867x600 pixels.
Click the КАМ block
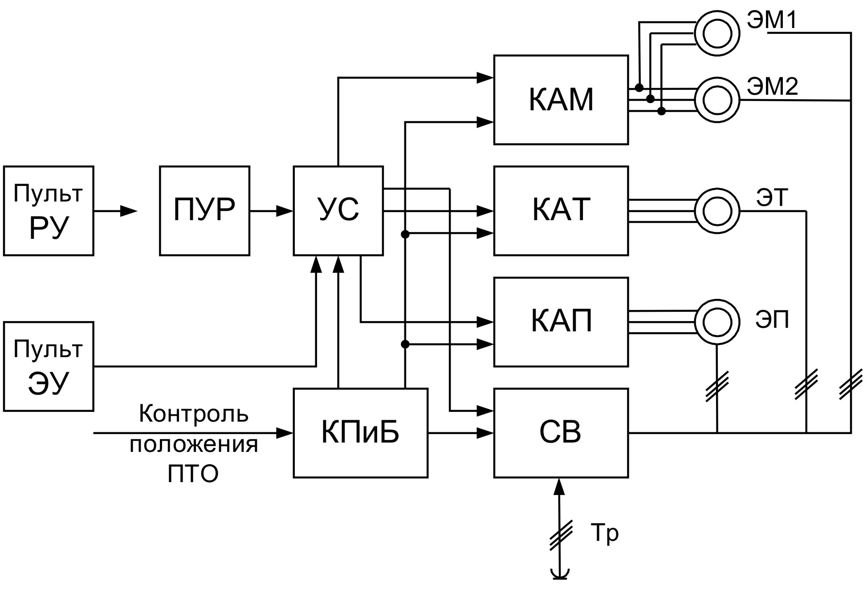pyautogui.click(x=561, y=100)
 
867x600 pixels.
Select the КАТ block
pyautogui.click(x=561, y=210)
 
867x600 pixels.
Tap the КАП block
pyautogui.click(x=561, y=322)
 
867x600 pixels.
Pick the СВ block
pyautogui.click(x=561, y=432)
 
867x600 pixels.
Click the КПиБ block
pyautogui.click(x=360, y=432)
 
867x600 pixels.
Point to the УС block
pyautogui.click(x=338, y=210)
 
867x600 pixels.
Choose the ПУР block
pyautogui.click(x=204, y=210)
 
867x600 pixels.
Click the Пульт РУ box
pyautogui.click(x=49, y=210)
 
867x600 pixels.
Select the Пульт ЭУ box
pyautogui.click(x=49, y=366)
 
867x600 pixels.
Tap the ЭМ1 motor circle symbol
pyautogui.click(x=717, y=33)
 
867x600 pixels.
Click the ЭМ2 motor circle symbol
pyautogui.click(x=717, y=100)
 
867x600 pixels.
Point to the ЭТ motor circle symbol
pyautogui.click(x=717, y=211)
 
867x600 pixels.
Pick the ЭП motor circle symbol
pyautogui.click(x=717, y=322)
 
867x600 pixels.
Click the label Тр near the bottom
pyautogui.click(x=604, y=533)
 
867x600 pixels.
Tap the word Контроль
pyautogui.click(x=194, y=414)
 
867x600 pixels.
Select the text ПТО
pyautogui.click(x=193, y=474)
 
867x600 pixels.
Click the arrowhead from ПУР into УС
pyautogui.click(x=285, y=211)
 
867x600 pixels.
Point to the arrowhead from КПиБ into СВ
pyautogui.click(x=485, y=432)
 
